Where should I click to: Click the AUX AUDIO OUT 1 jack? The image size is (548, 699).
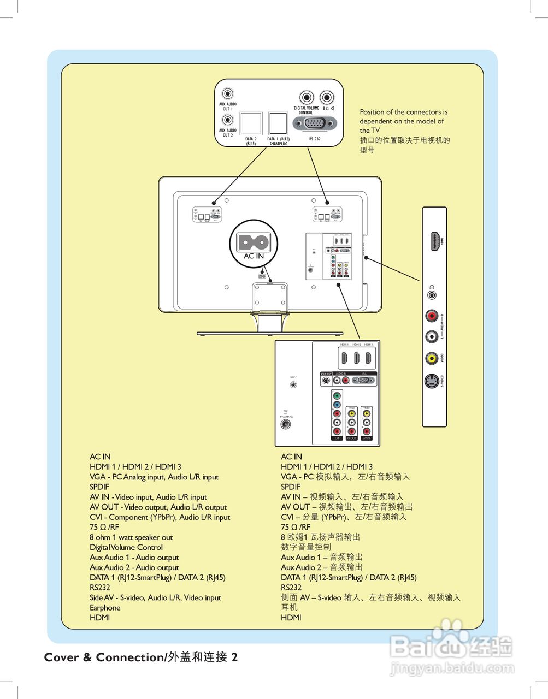coord(227,94)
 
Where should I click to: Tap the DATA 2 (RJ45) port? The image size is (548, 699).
coord(251,124)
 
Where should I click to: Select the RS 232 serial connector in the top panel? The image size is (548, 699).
coord(315,124)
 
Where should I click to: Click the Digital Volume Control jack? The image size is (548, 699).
coord(307,98)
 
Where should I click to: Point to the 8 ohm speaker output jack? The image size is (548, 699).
coord(327,98)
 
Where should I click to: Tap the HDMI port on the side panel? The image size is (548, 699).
coord(435,241)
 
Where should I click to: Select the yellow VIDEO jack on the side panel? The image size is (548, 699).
coord(432,358)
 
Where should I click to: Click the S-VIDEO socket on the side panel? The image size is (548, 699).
coord(432,381)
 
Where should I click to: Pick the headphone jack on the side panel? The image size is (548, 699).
coord(432,295)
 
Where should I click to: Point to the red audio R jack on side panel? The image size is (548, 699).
coord(432,316)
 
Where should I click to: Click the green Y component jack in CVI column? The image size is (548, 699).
coord(337,396)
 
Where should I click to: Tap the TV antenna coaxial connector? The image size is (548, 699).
coord(285,424)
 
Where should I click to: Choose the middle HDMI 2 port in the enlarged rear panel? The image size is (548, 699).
coord(356,358)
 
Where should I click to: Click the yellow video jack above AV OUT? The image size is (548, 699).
coord(352,414)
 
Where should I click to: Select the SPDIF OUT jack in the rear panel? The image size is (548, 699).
coord(326,380)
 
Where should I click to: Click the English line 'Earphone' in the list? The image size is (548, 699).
coord(105,608)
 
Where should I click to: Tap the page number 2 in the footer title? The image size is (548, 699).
coord(234,657)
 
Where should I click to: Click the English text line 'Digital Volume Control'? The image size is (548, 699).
coord(126,547)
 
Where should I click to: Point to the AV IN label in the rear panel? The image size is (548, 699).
coord(366,438)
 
